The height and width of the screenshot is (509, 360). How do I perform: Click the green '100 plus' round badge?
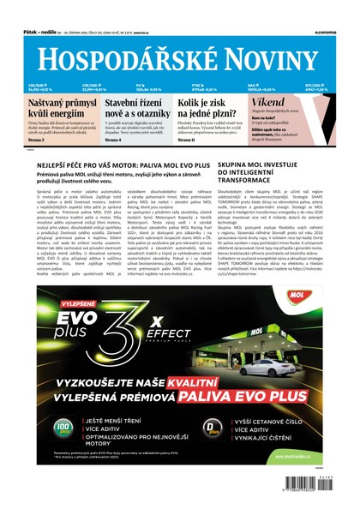click(63, 425)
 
